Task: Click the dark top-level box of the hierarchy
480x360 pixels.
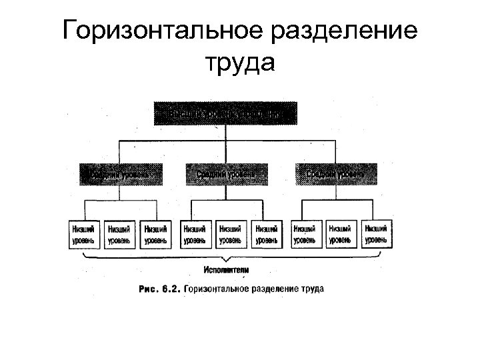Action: pos(225,113)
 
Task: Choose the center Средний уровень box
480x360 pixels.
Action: pos(225,174)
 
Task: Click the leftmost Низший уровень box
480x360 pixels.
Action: pos(83,234)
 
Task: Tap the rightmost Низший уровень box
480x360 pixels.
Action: pos(375,234)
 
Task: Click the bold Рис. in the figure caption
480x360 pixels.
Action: pos(148,289)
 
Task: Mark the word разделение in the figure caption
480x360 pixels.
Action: pos(271,289)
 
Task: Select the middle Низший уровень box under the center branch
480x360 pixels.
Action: pos(230,234)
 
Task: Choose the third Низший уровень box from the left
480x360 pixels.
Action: pos(156,234)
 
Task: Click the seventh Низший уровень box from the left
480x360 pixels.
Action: pos(304,234)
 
